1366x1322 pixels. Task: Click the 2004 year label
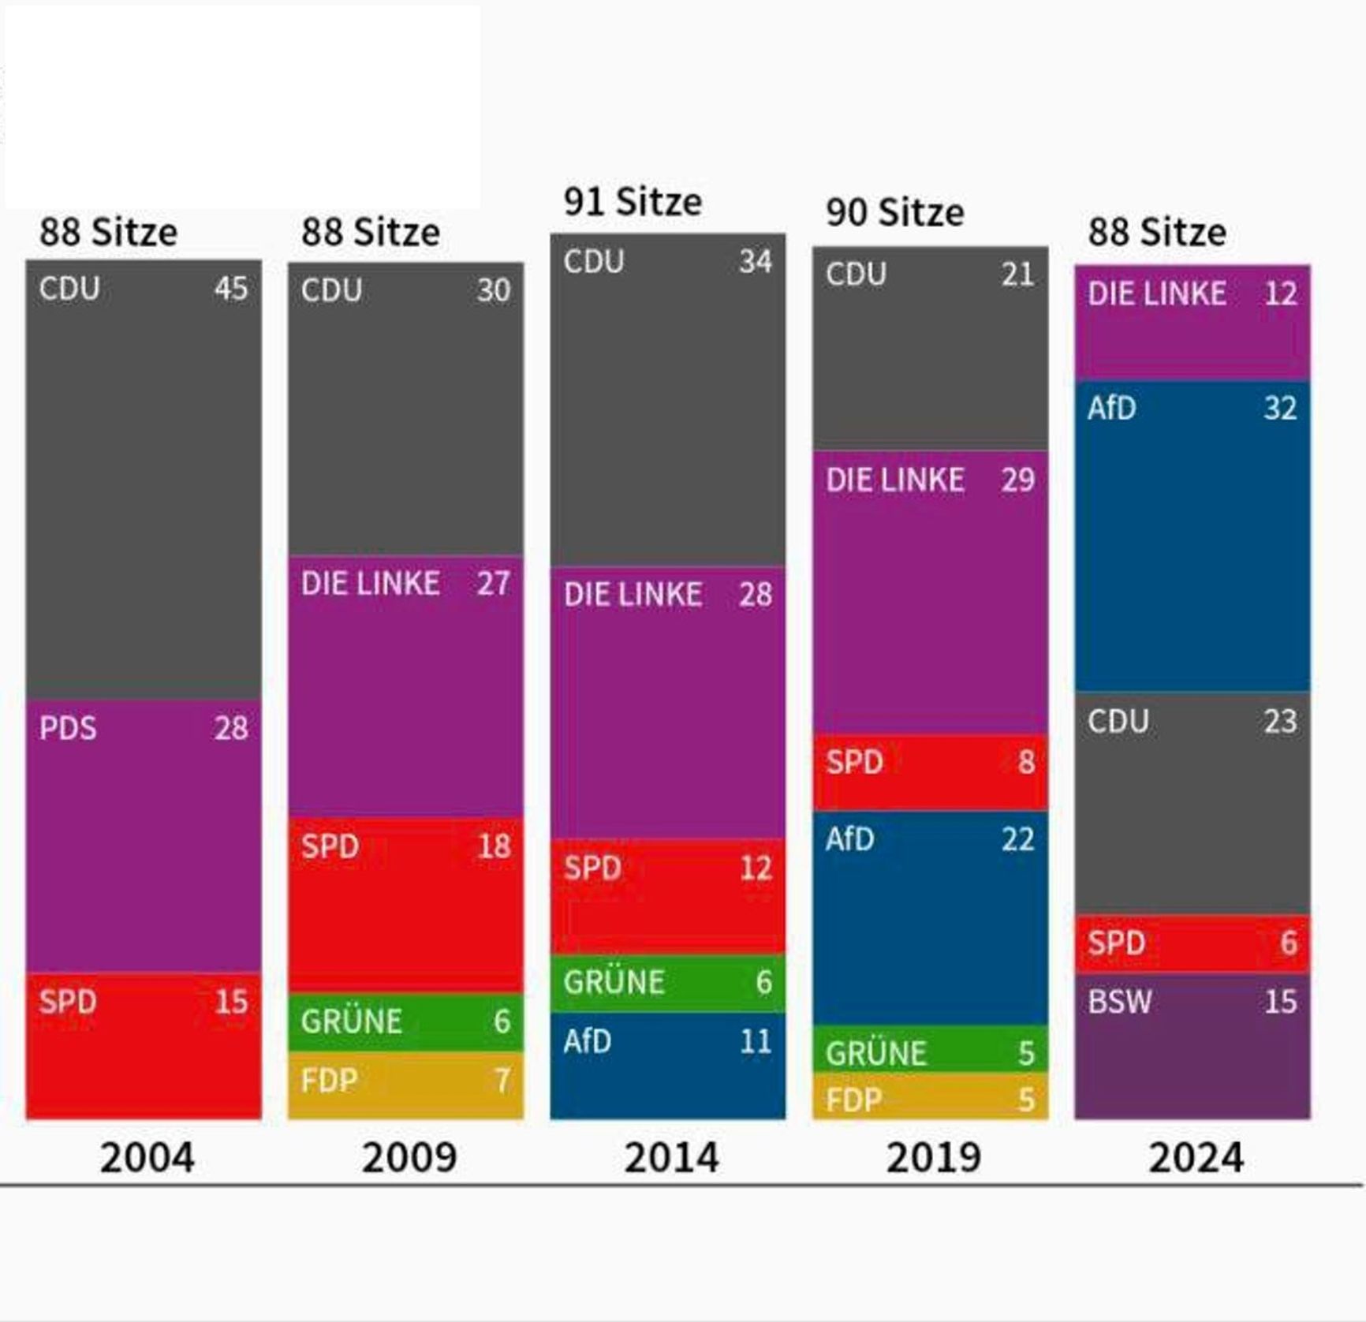click(x=147, y=1158)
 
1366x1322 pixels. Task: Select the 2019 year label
click(x=933, y=1158)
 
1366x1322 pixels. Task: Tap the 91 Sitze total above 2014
click(x=633, y=202)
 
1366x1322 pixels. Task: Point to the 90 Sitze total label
click(x=894, y=213)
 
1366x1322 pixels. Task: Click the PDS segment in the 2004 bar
click(x=144, y=836)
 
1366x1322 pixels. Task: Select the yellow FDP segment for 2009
click(x=405, y=1085)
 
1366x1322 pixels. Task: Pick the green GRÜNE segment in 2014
click(x=667, y=983)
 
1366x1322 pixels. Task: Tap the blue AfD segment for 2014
click(x=667, y=1066)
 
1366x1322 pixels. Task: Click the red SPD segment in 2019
click(x=931, y=771)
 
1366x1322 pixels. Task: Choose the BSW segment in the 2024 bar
click(x=1192, y=1046)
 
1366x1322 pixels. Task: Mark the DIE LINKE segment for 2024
click(x=1192, y=322)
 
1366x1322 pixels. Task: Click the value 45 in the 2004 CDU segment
click(x=231, y=289)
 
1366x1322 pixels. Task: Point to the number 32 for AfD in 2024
click(x=1280, y=409)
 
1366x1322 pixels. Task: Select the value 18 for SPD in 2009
click(x=494, y=846)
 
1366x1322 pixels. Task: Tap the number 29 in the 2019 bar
click(x=1017, y=480)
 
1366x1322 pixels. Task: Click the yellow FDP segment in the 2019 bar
click(x=931, y=1096)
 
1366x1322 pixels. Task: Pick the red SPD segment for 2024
click(x=1192, y=943)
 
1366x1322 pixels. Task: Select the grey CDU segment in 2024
click(x=1192, y=803)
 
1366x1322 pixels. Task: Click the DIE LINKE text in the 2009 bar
click(x=371, y=584)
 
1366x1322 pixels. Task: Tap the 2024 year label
click(x=1196, y=1158)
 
